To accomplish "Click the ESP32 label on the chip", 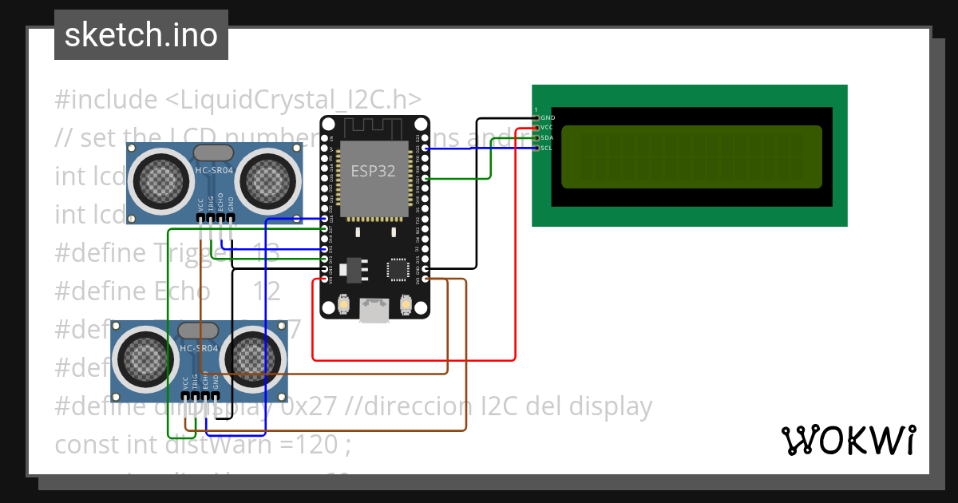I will point(374,171).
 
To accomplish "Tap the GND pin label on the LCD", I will point(548,117).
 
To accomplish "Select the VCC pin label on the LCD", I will point(547,128).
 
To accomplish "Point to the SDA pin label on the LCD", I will point(547,137).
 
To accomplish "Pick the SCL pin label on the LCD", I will point(547,148).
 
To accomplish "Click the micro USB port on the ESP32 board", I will point(374,310).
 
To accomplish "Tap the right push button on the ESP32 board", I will point(405,304).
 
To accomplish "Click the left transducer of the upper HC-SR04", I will point(160,180).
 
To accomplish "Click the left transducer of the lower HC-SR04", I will point(144,358).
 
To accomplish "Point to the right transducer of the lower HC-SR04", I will point(253,358).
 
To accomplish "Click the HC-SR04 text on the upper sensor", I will point(214,169).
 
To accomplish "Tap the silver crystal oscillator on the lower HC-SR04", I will point(198,330).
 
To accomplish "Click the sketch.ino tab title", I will point(141,35).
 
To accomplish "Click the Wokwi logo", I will point(848,440).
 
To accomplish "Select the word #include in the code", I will point(106,100).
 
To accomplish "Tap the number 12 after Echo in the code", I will point(267,291).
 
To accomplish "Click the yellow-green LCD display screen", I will point(691,156).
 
